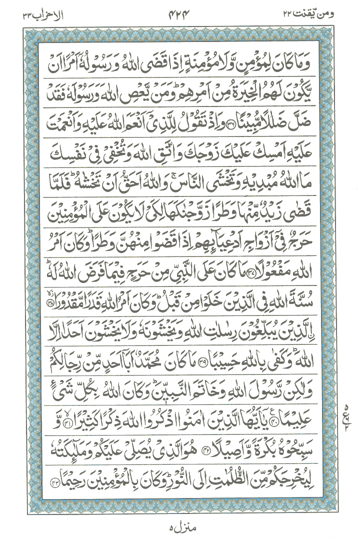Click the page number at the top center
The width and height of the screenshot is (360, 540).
click(179, 15)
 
